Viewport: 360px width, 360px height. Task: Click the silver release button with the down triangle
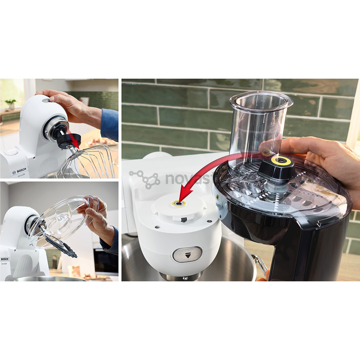pyautogui.click(x=187, y=254)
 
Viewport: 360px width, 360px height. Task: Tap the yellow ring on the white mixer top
pyautogui.click(x=179, y=203)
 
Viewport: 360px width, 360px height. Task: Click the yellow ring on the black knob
pyautogui.click(x=282, y=161)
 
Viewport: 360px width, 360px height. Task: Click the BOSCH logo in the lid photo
pyautogui.click(x=5, y=259)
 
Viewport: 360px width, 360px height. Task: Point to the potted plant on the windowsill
pyautogui.click(x=11, y=104)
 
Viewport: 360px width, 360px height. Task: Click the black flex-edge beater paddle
pyautogui.click(x=62, y=246)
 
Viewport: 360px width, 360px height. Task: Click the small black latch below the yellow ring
pyautogui.click(x=183, y=219)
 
